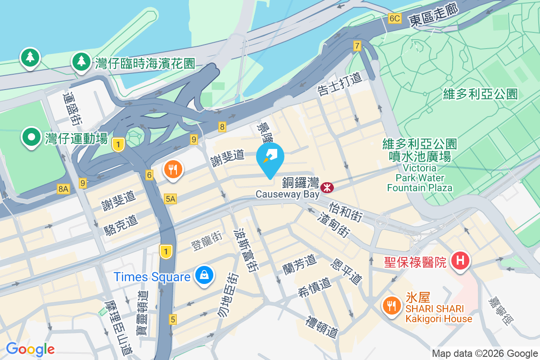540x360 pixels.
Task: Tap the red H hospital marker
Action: point(460,261)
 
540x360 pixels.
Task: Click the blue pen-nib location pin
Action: point(270,158)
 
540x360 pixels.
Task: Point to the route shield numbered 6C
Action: point(394,18)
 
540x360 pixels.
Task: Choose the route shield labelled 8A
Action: point(63,189)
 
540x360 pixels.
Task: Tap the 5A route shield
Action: point(171,198)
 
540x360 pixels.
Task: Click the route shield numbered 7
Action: point(357,45)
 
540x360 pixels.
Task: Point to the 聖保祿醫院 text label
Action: point(415,262)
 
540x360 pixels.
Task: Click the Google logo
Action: point(30,349)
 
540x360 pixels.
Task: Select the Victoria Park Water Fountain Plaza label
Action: point(419,177)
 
